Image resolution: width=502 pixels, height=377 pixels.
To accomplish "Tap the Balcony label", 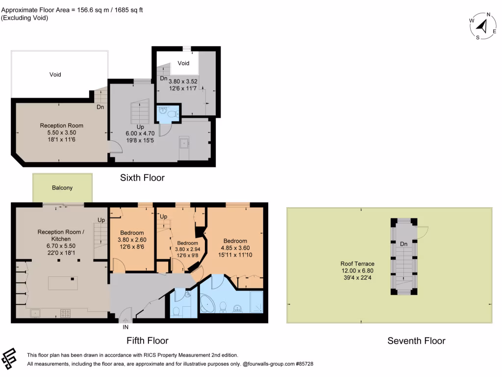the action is coord(62,188).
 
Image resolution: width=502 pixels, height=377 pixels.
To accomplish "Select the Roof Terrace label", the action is coord(357,264).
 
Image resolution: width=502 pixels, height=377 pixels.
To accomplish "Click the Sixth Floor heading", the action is coord(142,178).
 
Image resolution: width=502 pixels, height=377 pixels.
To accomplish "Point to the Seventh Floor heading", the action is coord(416,341).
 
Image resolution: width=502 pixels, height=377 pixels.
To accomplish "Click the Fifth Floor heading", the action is coord(147,341).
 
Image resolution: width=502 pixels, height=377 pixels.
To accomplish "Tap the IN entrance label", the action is coord(125,327).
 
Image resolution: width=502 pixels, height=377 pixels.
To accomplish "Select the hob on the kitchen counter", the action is coord(65,313).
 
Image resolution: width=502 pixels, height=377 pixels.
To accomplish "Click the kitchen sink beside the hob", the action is coord(35,313).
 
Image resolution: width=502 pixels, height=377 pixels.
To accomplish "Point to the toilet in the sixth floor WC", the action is coord(173,113).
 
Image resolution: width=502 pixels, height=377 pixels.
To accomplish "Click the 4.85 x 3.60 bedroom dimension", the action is coord(235,248).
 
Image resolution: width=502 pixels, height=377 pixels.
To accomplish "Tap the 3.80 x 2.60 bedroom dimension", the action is coord(132,240).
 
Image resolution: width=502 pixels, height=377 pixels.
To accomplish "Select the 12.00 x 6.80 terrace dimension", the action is coord(357,270).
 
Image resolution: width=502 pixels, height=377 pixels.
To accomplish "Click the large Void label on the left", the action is coord(55,75).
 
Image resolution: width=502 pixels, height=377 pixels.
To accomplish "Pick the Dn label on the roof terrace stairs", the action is coord(404,244).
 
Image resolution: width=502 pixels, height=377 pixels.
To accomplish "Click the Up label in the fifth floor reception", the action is coord(101,220).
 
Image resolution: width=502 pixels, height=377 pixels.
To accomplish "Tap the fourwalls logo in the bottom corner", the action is coord(9,359).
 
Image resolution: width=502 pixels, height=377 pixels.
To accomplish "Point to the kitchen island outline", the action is coord(63,283).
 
